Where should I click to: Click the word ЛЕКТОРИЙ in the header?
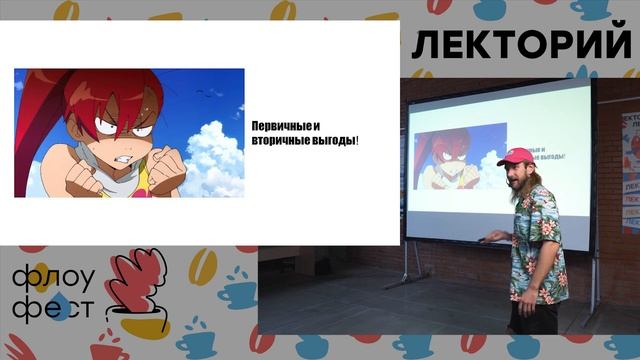pos(522,46)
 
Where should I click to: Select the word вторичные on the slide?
pos(277,142)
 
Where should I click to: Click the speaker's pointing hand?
pos(493,237)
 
